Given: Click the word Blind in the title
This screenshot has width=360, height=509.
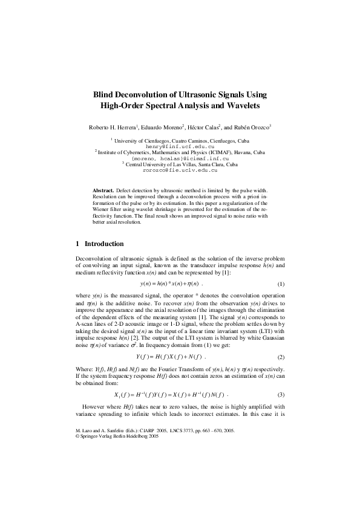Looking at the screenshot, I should (x=103, y=95).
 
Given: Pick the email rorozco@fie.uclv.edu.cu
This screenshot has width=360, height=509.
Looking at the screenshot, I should (x=180, y=170).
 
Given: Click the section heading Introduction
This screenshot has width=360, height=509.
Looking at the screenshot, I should (x=104, y=244).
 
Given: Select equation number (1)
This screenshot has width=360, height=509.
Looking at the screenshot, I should (x=280, y=284).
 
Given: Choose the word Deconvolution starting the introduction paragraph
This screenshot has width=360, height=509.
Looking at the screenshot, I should (x=93, y=258).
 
